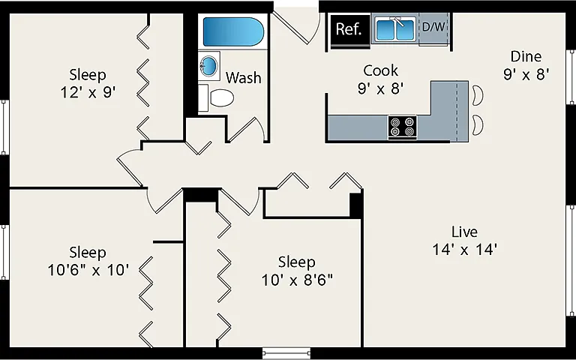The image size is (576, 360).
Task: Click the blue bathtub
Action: [233, 31]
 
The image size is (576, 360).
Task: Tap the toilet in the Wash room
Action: [216, 97]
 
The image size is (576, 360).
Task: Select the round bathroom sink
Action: [208, 66]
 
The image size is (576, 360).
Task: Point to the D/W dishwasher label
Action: [433, 26]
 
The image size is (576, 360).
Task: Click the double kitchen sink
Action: [395, 29]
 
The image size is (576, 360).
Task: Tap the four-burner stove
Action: [402, 127]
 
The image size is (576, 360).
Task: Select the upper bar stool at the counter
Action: [478, 95]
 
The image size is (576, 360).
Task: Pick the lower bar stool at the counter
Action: [478, 125]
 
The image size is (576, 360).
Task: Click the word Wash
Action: [244, 78]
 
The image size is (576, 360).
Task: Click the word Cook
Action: [380, 70]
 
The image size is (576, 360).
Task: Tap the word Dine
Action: [526, 56]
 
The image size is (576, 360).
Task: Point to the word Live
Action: [465, 232]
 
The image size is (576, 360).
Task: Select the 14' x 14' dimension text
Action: [465, 250]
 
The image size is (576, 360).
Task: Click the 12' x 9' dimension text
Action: [88, 92]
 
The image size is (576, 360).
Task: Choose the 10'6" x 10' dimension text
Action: [88, 270]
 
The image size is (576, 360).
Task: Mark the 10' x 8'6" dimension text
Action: [297, 280]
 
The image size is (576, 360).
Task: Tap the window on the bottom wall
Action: [286, 353]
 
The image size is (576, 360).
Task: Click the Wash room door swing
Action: [245, 128]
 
